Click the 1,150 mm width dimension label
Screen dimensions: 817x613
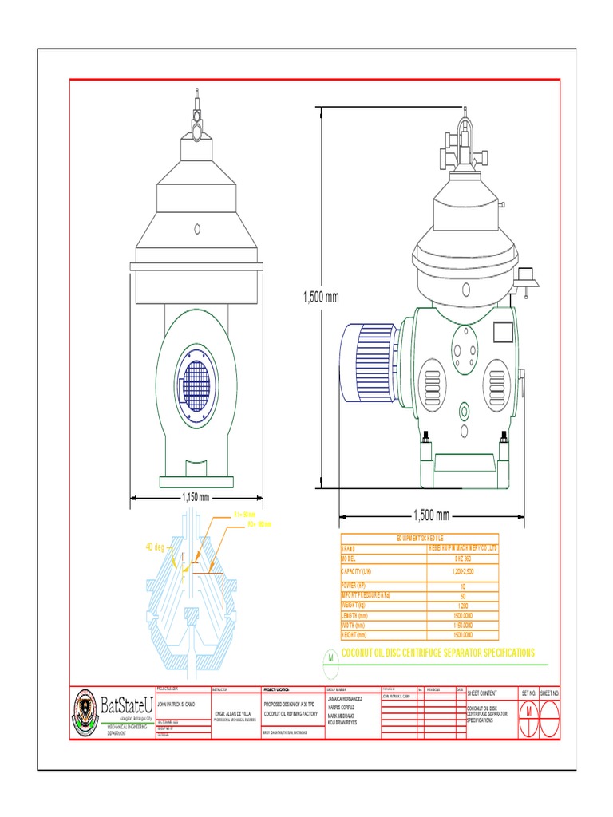[x=196, y=497]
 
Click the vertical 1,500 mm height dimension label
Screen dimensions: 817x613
[x=321, y=297]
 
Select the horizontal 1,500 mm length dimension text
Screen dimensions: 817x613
[x=431, y=514]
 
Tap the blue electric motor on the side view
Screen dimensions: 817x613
[x=369, y=362]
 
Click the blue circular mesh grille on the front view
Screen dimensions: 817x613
[x=196, y=386]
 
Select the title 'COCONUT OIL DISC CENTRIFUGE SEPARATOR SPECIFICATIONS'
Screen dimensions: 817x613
[x=437, y=653]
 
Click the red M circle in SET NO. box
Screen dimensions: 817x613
[x=528, y=711]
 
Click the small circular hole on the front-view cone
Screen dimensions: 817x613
[x=196, y=229]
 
